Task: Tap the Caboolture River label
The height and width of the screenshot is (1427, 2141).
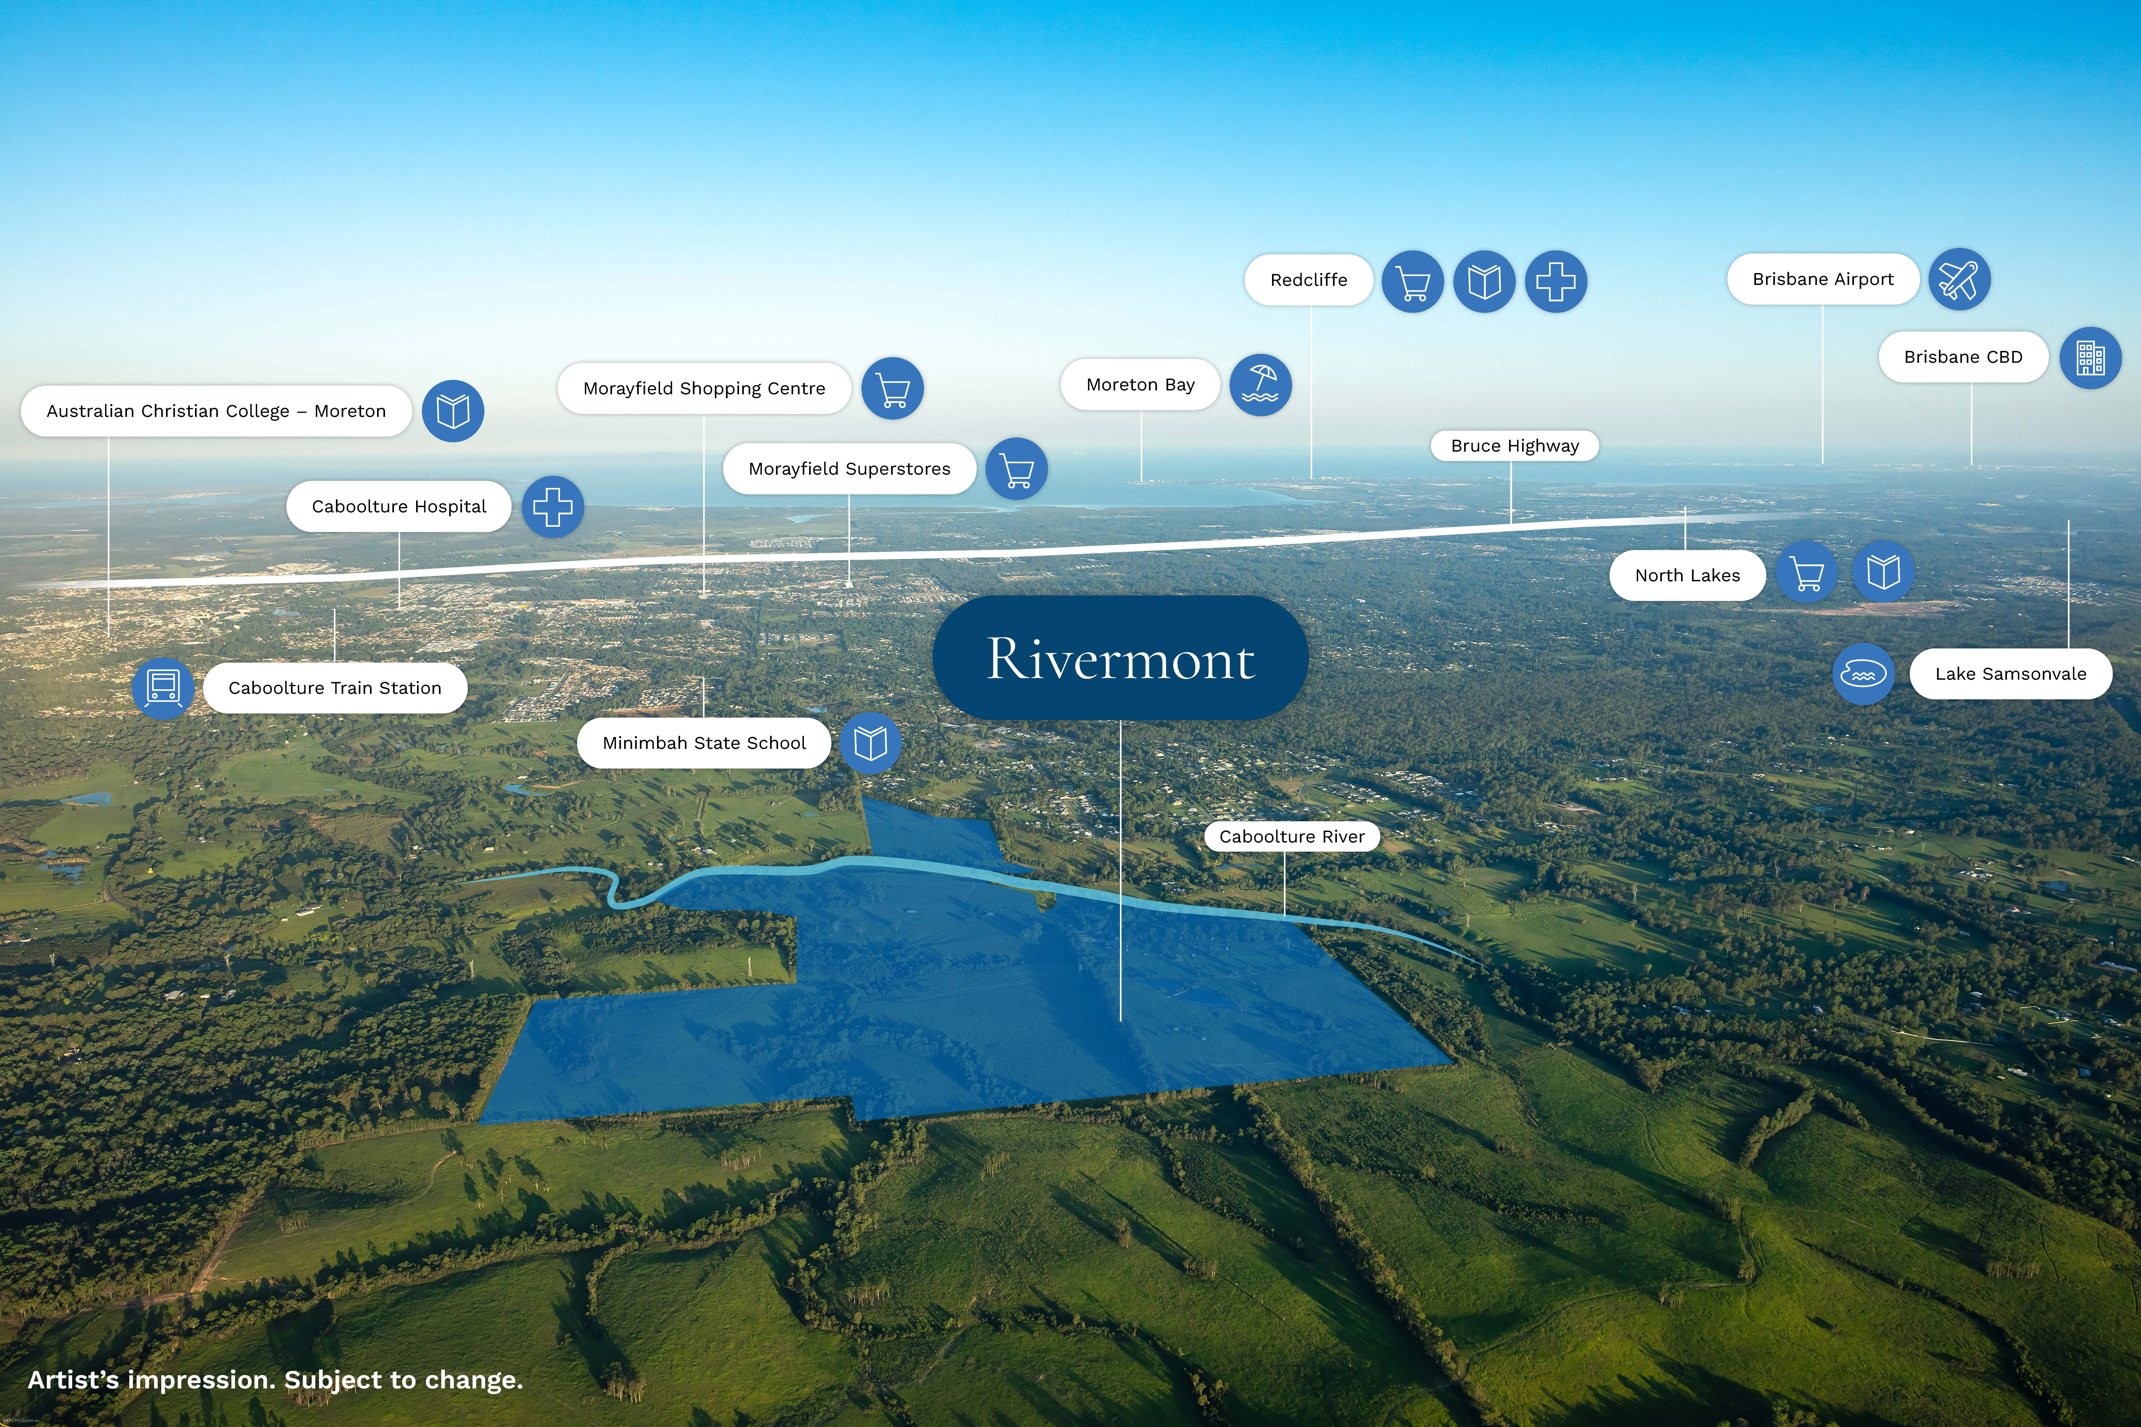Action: pos(1292,836)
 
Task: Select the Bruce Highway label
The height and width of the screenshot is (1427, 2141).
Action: pos(1515,445)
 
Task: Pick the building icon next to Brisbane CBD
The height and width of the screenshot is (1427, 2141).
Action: pos(2091,358)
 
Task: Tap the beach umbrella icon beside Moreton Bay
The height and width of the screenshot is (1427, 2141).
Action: pos(1261,385)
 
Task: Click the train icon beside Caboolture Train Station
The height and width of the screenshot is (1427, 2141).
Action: pos(163,688)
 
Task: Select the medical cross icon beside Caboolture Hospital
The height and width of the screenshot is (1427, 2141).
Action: pos(552,507)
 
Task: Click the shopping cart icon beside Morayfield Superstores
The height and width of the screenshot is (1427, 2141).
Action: pos(1017,469)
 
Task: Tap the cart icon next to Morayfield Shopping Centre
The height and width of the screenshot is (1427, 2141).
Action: pos(893,389)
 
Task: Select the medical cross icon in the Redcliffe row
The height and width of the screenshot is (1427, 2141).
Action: pos(1556,281)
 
